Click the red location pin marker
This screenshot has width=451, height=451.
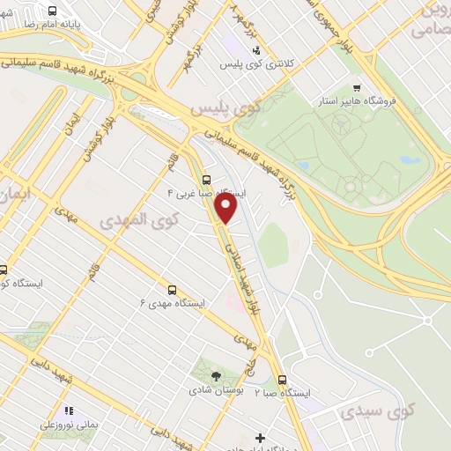(226, 208)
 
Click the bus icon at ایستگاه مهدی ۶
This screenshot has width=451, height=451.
(172, 288)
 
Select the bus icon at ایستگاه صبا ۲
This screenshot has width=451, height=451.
(282, 380)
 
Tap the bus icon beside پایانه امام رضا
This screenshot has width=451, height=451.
(53, 11)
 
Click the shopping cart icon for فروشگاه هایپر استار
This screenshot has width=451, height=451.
(356, 87)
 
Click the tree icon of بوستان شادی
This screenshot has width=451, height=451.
(216, 376)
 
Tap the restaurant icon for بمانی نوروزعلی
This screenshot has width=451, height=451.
(69, 410)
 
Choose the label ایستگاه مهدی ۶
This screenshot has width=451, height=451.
(172, 302)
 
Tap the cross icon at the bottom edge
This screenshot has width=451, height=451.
(260, 438)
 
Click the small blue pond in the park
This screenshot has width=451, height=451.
(406, 161)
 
